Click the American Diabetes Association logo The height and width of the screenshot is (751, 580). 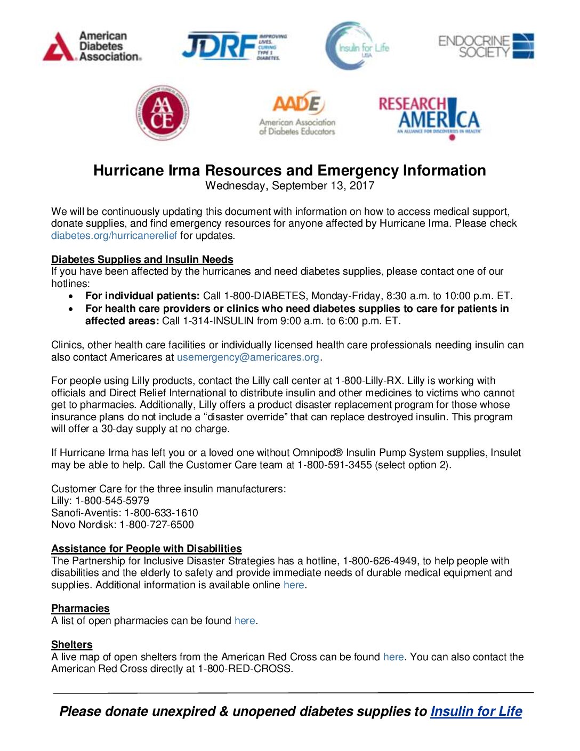tap(92, 46)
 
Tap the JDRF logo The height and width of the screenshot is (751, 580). tap(234, 46)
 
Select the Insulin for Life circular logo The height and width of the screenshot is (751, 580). tap(357, 46)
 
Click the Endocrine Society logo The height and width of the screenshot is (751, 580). tap(486, 46)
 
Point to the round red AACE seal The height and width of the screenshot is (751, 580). tap(162, 113)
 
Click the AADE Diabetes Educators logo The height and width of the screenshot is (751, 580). tap(297, 113)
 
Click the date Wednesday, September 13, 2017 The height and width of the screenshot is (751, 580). tap(289, 186)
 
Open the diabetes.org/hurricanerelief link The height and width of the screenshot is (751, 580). tap(114, 235)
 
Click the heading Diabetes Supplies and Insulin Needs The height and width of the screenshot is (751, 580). tap(142, 259)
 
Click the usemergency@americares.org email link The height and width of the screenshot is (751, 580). tap(248, 357)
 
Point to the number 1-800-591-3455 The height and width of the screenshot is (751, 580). tap(335, 465)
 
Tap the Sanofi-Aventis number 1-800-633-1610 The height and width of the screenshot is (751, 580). tap(161, 513)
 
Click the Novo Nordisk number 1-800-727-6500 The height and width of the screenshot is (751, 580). tap(157, 524)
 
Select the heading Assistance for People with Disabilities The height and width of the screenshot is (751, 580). tap(146, 548)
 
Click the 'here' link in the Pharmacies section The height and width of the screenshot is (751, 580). tap(245, 620)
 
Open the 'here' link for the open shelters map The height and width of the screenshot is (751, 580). tap(393, 657)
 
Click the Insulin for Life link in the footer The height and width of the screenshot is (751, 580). tap(476, 711)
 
